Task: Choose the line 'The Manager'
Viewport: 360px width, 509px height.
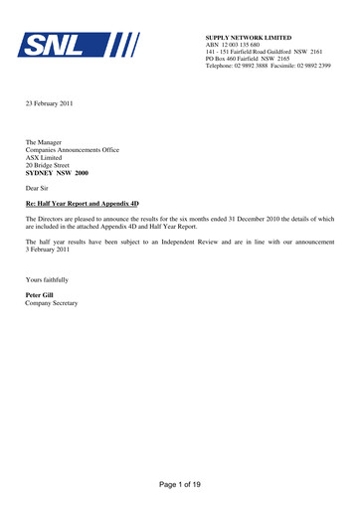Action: tap(46, 142)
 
